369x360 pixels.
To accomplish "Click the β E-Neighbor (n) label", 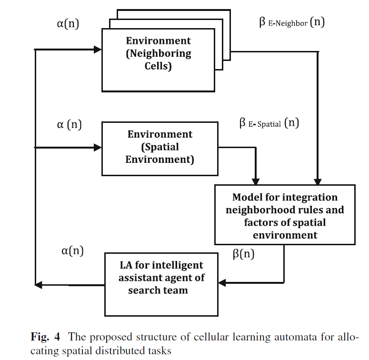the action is pos(292,22).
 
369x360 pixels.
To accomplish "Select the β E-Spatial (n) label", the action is pos(269,123).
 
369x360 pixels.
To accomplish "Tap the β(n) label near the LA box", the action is pos(244,254).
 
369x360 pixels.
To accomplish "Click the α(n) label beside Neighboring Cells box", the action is pos(68,23).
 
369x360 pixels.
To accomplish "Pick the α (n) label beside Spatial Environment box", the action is pos(70,124).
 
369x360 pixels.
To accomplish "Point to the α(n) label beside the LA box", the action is pos(72,250).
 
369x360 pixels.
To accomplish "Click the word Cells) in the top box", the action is pos(158,66).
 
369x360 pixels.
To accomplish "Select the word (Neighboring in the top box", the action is pos(159,54).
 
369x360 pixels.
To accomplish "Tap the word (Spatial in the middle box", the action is pos(160,147).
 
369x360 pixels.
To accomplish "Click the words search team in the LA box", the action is pos(158,290).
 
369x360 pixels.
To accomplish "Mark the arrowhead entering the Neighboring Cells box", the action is pos(98,50).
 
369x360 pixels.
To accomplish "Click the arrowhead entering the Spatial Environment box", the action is pos(98,148).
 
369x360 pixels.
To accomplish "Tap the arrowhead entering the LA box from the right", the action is pos(222,282).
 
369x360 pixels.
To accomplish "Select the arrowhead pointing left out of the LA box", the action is pos(39,285).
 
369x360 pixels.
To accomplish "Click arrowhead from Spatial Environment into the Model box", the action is pos(256,181).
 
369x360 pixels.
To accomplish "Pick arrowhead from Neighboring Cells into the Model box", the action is pos(318,181).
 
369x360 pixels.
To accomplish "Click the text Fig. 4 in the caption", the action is pos(45,337).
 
